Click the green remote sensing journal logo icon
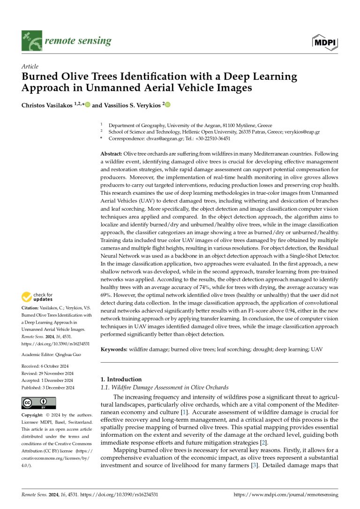tap(32, 41)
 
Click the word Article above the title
tap(30, 67)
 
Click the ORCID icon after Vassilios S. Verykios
tap(167, 105)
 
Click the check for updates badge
tap(37, 297)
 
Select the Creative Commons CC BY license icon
tap(38, 403)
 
